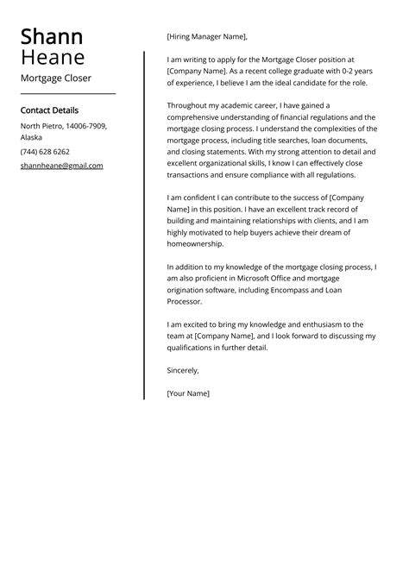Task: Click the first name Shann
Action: coord(52,36)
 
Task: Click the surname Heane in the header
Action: coord(53,58)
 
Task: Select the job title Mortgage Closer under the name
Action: coord(56,79)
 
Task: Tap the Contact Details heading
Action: coord(49,110)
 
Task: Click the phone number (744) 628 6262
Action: coord(45,152)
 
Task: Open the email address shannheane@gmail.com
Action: coord(61,166)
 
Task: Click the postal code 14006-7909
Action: coord(86,126)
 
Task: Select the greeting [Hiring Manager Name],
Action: coord(206,37)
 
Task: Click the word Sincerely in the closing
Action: coord(182,370)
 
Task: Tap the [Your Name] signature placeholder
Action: coord(188,393)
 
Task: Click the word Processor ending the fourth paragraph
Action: coord(185,303)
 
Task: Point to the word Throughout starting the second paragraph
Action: coord(191,104)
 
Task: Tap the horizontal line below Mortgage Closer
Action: coord(67,93)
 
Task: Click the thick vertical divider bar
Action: coord(144,224)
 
